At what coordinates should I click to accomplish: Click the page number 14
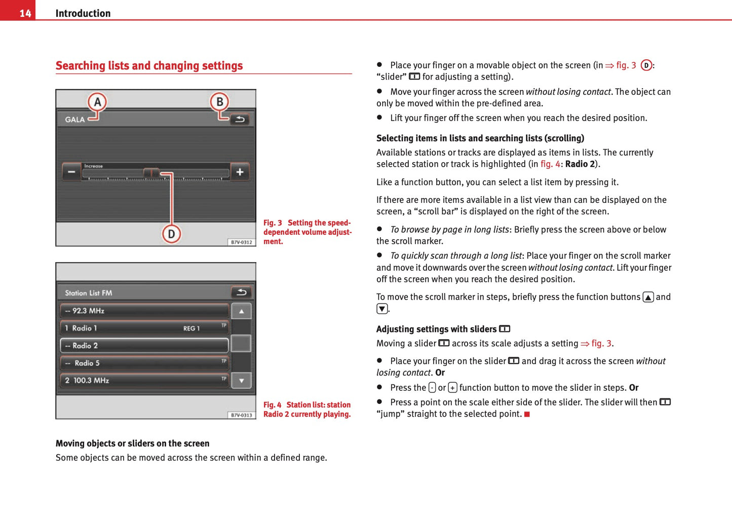click(x=25, y=13)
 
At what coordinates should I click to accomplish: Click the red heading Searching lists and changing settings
click(x=149, y=66)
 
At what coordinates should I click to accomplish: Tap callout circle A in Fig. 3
click(x=97, y=102)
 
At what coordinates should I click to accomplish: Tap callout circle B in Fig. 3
click(x=219, y=102)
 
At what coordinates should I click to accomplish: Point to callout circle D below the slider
click(x=171, y=234)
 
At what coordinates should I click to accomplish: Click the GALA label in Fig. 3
click(x=75, y=120)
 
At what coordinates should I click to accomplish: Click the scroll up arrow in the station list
click(x=242, y=311)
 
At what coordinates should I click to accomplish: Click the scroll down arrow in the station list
click(x=242, y=380)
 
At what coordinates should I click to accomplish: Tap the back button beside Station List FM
click(x=242, y=292)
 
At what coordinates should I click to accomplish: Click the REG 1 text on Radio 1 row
click(x=191, y=328)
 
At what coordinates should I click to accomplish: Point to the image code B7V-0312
click(x=241, y=242)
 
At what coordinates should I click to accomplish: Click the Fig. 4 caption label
click(x=272, y=405)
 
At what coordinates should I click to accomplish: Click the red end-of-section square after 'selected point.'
click(x=527, y=415)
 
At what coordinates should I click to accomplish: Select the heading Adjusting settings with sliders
click(x=436, y=329)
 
